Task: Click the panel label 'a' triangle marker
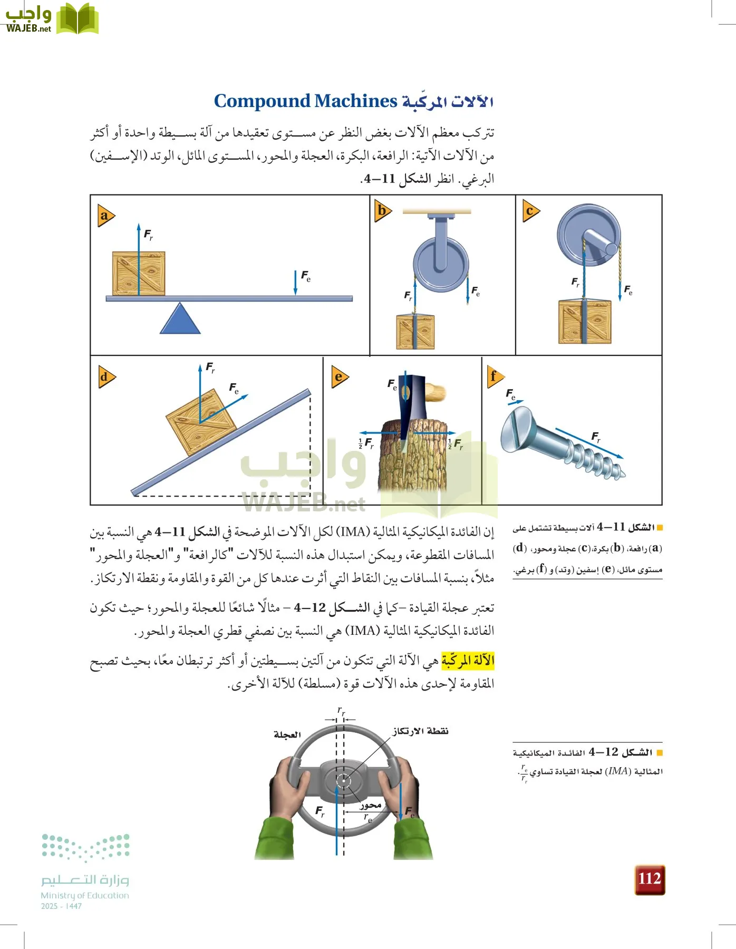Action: pyautogui.click(x=105, y=216)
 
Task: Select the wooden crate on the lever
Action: pyautogui.click(x=139, y=274)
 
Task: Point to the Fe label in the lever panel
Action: pyautogui.click(x=306, y=276)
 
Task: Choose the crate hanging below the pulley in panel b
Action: pyautogui.click(x=415, y=332)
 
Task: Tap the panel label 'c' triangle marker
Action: pyautogui.click(x=530, y=211)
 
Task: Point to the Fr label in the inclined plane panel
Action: pyautogui.click(x=210, y=367)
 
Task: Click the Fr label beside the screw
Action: pyautogui.click(x=596, y=437)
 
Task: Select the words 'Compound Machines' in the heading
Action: pyautogui.click(x=305, y=101)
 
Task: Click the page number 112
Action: pyautogui.click(x=650, y=879)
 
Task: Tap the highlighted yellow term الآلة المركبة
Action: pyautogui.click(x=468, y=660)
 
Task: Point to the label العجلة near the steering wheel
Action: pyautogui.click(x=287, y=734)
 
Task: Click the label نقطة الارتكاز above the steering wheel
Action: pyautogui.click(x=420, y=731)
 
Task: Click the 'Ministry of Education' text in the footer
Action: pyautogui.click(x=85, y=895)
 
